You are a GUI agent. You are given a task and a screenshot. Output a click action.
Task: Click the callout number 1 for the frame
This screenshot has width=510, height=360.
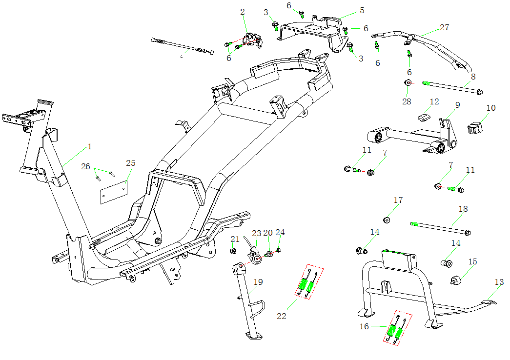click(x=90, y=146)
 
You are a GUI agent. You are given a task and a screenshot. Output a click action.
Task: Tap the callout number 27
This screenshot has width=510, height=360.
click(x=444, y=27)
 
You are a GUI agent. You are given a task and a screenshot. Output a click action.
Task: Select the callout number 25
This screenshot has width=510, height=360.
click(x=130, y=163)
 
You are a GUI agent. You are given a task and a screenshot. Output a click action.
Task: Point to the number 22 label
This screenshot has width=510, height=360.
click(x=282, y=316)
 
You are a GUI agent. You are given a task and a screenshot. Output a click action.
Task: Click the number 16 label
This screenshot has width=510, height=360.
click(x=364, y=326)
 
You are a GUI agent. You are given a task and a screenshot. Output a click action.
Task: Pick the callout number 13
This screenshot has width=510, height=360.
click(x=499, y=282)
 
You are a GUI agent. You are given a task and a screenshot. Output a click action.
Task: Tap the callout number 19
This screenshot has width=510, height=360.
click(x=258, y=282)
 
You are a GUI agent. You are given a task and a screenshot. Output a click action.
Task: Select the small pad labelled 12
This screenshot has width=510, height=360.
click(x=423, y=118)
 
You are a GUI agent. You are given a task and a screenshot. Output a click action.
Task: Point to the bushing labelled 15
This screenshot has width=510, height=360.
click(x=456, y=281)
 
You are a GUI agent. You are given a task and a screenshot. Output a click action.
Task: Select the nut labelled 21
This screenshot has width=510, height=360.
click(x=233, y=251)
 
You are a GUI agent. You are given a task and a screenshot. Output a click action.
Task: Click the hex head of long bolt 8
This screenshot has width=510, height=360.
click(x=480, y=91)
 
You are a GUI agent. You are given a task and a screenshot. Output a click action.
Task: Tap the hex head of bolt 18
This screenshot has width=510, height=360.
click(x=468, y=232)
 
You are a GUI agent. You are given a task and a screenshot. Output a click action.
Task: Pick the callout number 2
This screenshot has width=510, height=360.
click(x=243, y=11)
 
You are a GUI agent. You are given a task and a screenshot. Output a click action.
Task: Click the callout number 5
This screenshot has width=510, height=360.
click(x=362, y=10)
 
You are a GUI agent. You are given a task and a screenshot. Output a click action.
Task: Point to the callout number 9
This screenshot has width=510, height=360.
click(x=457, y=105)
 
